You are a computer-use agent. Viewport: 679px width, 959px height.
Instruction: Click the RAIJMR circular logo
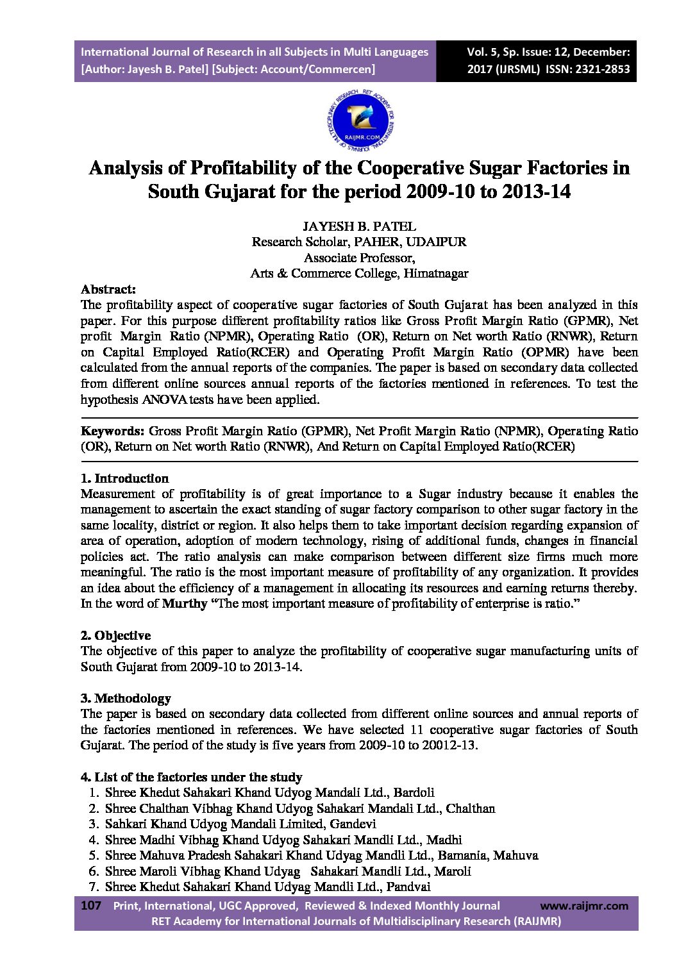point(360,120)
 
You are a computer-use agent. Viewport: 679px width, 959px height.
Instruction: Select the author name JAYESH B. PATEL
point(359,226)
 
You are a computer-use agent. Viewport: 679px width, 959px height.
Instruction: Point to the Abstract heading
point(108,289)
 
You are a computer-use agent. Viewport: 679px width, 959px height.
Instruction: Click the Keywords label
point(112,431)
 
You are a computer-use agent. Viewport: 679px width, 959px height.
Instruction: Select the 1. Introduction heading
point(124,478)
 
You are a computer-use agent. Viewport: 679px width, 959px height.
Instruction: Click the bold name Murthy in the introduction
point(185,603)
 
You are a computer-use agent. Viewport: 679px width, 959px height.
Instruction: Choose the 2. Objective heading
point(115,635)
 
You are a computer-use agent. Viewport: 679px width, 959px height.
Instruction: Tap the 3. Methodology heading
point(126,698)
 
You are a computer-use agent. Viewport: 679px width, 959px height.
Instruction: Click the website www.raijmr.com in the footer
point(584,906)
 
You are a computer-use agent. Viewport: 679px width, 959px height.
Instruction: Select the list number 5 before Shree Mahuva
point(94,855)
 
